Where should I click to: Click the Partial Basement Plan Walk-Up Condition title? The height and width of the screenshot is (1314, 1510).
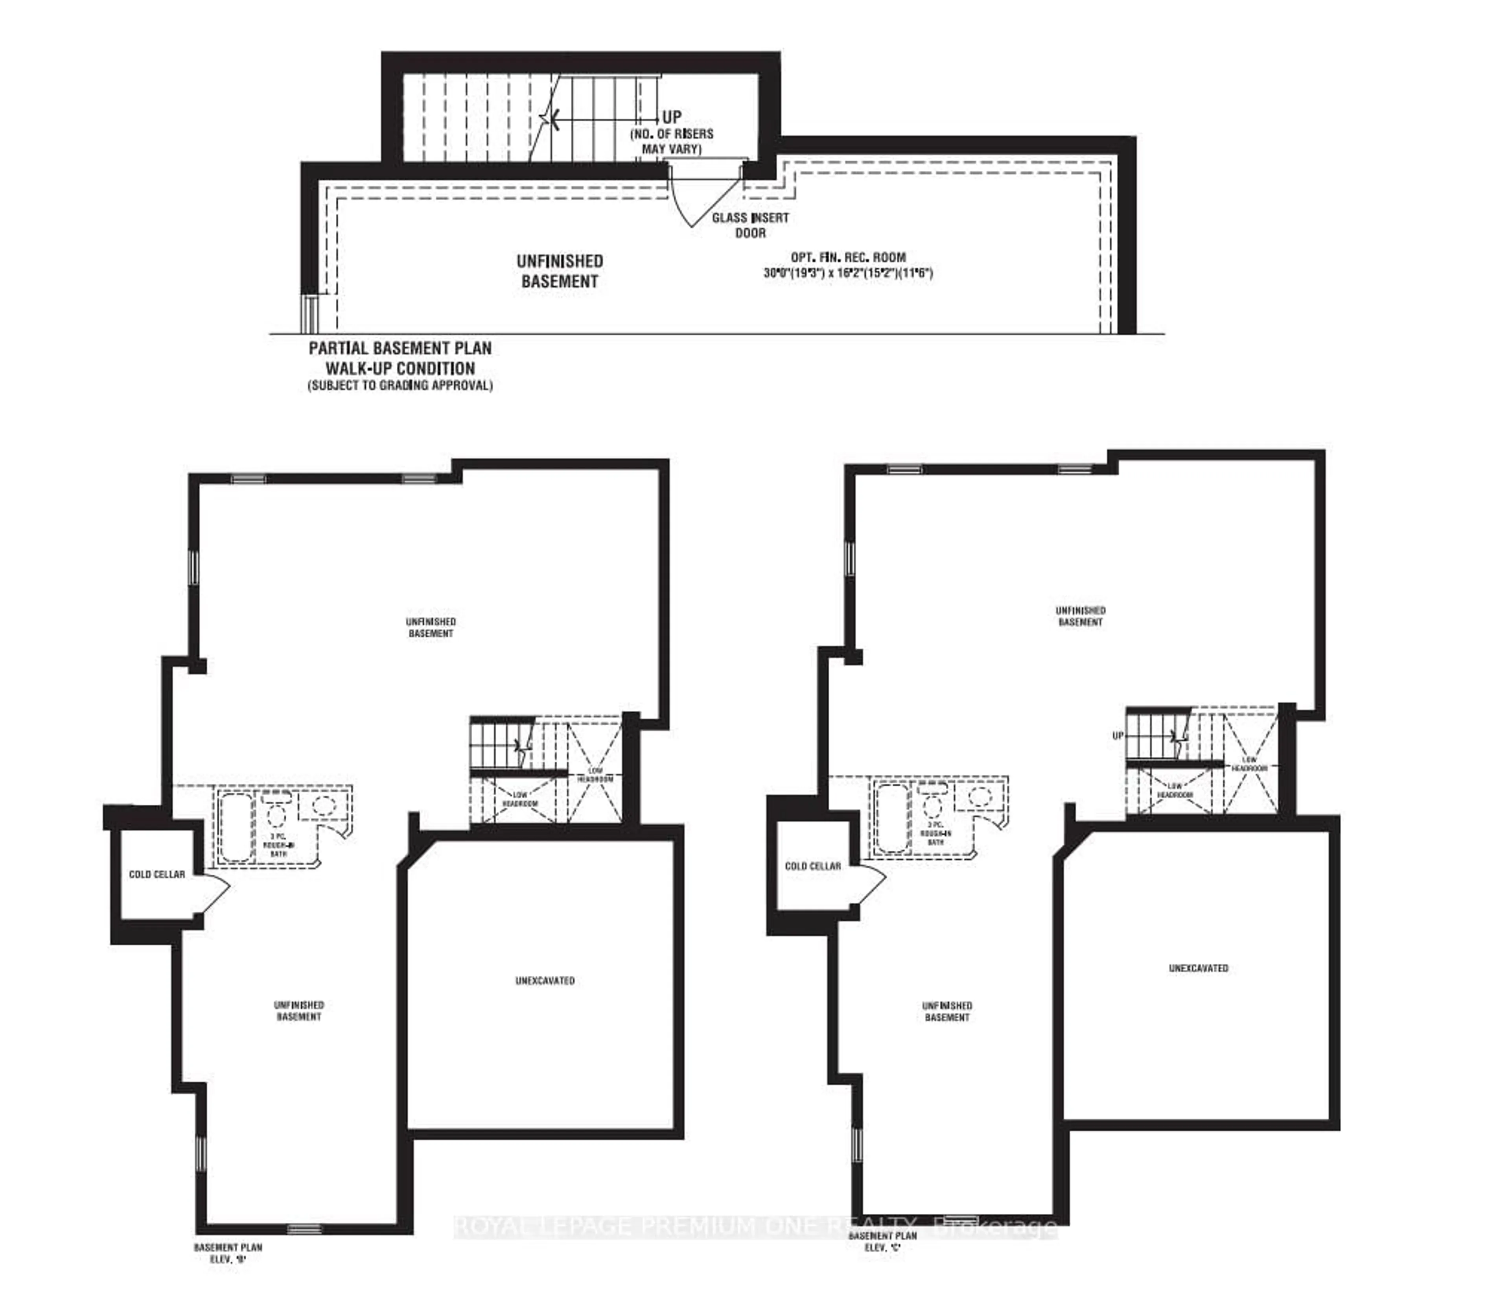tap(400, 359)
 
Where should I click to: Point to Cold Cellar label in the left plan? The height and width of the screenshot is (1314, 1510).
tap(157, 874)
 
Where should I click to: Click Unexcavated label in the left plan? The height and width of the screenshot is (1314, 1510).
tap(545, 980)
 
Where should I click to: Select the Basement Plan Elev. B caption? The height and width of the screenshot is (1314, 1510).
tap(228, 1252)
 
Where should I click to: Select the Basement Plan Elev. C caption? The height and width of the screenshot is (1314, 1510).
tap(882, 1241)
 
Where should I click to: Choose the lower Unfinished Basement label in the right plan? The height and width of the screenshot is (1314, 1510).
tap(947, 1011)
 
